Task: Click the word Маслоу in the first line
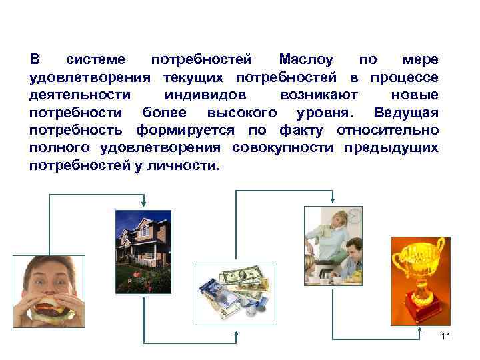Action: pos(310,59)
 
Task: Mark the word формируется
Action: pos(188,129)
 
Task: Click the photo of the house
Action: pos(143,251)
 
